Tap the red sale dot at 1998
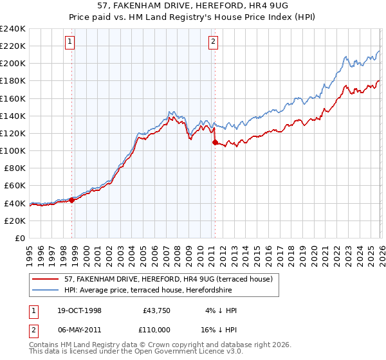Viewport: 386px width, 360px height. point(72,200)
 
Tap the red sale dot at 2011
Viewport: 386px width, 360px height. point(215,142)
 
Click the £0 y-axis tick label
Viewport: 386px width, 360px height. point(19,238)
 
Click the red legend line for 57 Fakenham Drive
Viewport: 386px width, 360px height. point(46,279)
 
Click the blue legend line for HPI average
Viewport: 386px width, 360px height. point(46,290)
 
